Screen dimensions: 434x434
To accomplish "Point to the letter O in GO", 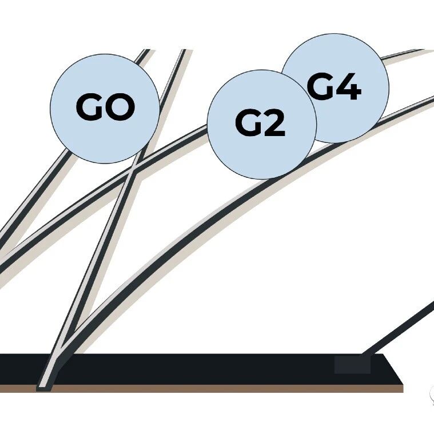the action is (x=121, y=108).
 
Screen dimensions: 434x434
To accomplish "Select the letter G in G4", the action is (x=320, y=86).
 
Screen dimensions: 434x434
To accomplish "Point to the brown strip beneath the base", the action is (x=229, y=389).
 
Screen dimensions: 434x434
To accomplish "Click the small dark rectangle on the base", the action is (x=352, y=364).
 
